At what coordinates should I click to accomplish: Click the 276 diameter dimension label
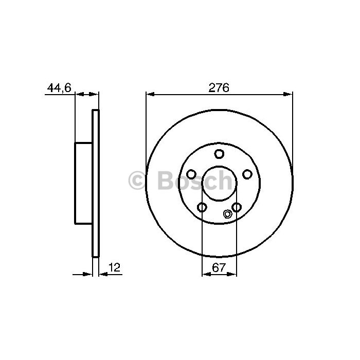pyautogui.click(x=219, y=88)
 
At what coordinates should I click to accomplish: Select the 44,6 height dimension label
pyautogui.click(x=59, y=88)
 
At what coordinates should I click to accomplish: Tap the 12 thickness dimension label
pyautogui.click(x=114, y=267)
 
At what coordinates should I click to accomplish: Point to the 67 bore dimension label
pyautogui.click(x=219, y=267)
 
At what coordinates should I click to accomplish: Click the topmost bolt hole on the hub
pyautogui.click(x=219, y=154)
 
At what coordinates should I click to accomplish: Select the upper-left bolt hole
pyautogui.click(x=191, y=174)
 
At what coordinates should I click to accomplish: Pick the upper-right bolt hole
pyautogui.click(x=247, y=174)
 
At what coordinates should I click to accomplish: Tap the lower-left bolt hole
pyautogui.click(x=202, y=207)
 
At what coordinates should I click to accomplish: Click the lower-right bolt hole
pyautogui.click(x=237, y=207)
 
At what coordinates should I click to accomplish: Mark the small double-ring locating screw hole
pyautogui.click(x=227, y=214)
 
